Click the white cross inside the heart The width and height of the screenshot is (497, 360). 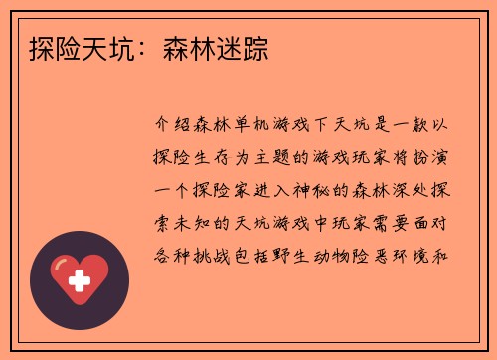[81, 281]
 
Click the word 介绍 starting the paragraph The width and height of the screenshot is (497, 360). [176, 127]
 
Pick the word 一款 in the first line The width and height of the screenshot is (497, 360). [425, 127]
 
